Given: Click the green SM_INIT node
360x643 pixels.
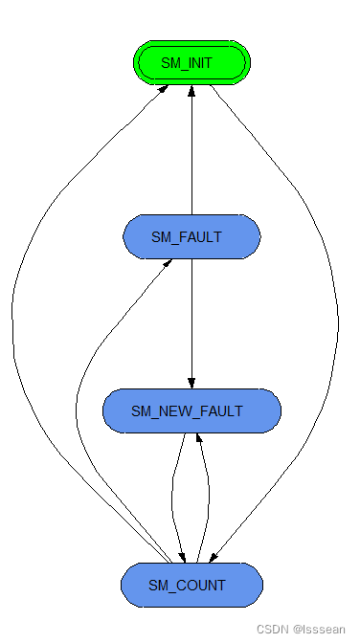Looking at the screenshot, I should [x=191, y=63].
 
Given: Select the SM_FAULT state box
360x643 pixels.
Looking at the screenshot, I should [x=191, y=236].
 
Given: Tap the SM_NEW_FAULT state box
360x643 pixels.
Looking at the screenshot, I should [x=191, y=411].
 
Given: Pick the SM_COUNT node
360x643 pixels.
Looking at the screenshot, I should [x=191, y=584].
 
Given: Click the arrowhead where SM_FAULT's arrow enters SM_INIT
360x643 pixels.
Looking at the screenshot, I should [x=191, y=91].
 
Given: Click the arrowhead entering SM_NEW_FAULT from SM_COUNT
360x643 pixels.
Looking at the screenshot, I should [x=198, y=438].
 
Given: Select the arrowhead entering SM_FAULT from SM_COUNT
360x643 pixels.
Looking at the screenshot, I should [x=169, y=263].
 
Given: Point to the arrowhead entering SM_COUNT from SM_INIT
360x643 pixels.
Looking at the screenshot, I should [x=215, y=557].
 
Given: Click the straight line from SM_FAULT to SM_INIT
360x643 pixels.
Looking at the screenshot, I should [x=191, y=153].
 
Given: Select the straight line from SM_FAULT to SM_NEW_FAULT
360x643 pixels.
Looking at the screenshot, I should [x=191, y=321].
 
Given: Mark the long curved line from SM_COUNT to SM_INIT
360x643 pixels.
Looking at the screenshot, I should [x=13, y=335].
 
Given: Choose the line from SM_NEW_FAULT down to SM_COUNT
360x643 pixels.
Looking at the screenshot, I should [x=171, y=498].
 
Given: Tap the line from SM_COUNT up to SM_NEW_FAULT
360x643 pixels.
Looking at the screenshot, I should [x=208, y=498].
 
